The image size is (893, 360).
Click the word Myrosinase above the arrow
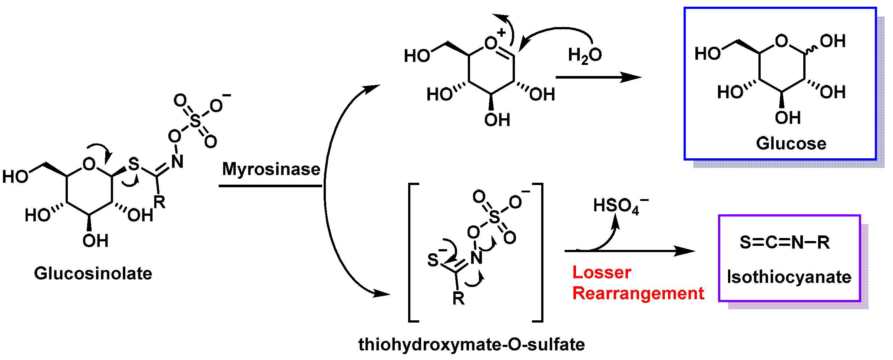271,169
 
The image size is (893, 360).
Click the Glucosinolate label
93,274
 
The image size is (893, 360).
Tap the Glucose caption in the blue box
791,143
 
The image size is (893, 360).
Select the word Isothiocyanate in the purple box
789,277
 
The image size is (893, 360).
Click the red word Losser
601,273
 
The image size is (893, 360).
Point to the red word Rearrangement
638,293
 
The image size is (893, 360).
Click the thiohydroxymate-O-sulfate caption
472,344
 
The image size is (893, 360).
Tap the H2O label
585,55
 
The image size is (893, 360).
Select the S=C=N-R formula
784,242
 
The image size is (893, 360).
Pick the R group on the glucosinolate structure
160,202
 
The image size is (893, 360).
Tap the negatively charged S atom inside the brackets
433,260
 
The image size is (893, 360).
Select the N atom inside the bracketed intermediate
477,258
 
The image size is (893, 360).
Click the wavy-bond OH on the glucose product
833,41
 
